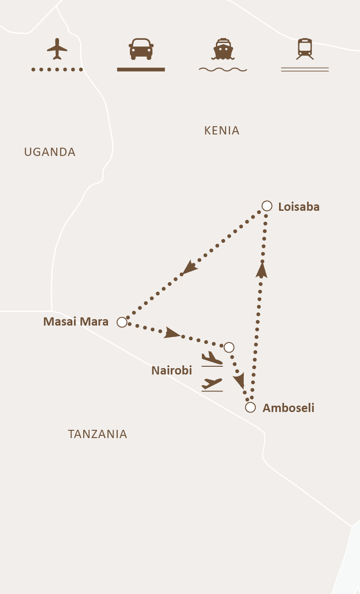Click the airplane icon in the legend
coord(57,49)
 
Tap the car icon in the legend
coord(141,49)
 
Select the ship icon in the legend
coord(223,49)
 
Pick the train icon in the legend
coord(305,49)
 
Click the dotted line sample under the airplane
coord(57,70)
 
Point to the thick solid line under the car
coord(141,70)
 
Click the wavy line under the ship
coord(223,70)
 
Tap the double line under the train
coord(305,70)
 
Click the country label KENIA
coord(222,131)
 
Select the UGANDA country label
coord(50,152)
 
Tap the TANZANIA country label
coord(97,434)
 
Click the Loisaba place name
coord(299,207)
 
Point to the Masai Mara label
coord(76,322)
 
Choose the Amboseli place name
coord(288,408)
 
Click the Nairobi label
coord(172,370)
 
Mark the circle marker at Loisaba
coord(267,206)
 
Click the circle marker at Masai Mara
coord(122,322)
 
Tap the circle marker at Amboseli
coord(250,407)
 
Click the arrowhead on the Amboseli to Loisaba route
coord(262,270)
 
